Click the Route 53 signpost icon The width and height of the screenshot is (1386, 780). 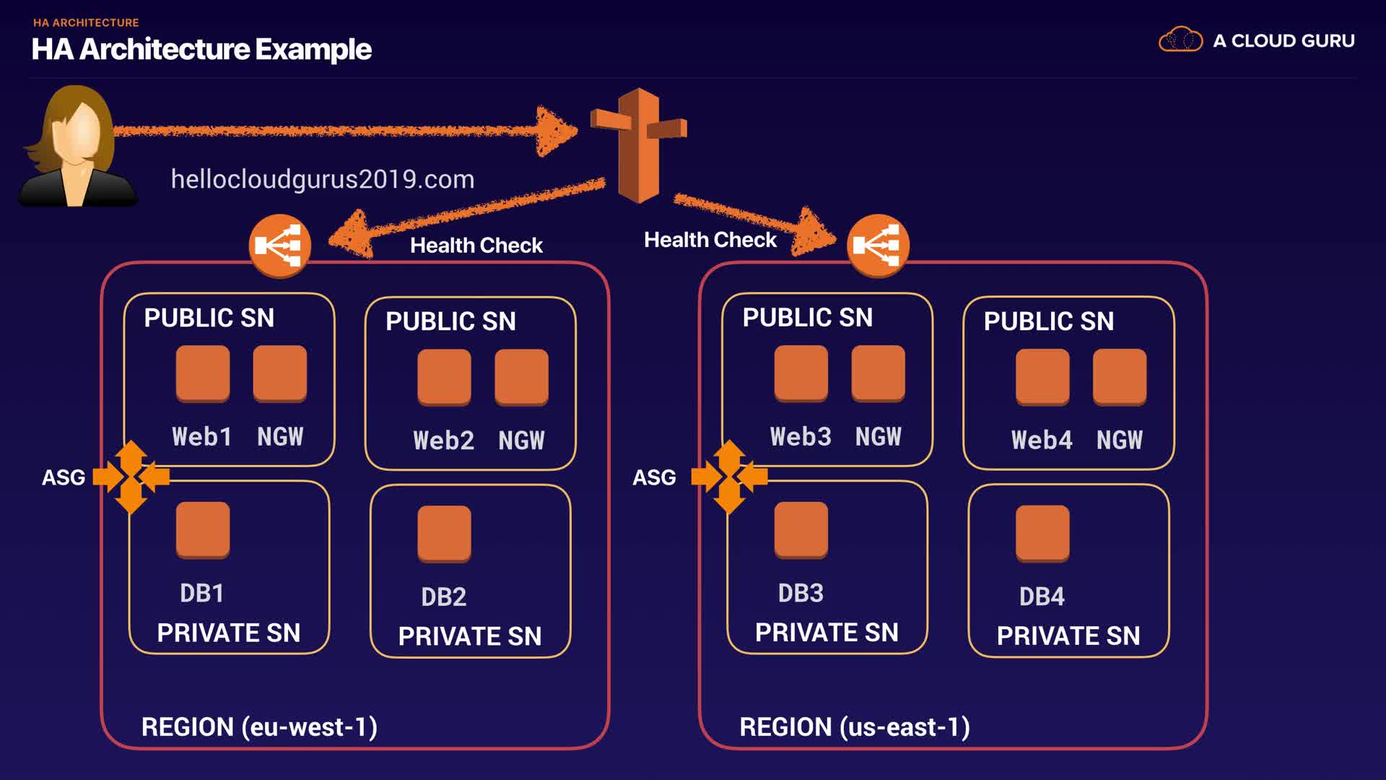click(x=639, y=144)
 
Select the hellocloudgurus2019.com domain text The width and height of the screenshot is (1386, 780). click(x=323, y=179)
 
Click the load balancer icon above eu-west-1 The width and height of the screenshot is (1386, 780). click(x=280, y=246)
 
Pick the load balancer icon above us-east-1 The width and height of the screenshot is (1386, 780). click(x=878, y=246)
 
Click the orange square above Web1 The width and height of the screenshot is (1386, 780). click(x=203, y=373)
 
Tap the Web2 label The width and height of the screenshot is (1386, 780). click(x=443, y=440)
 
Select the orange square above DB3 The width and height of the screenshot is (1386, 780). click(x=801, y=529)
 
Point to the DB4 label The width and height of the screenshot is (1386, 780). click(x=1042, y=597)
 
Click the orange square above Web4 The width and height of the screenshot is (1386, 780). click(x=1042, y=376)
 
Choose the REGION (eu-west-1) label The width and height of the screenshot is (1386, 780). click(x=259, y=727)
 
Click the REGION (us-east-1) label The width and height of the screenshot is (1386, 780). click(x=855, y=727)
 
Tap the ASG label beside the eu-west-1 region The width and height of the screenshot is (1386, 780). click(x=64, y=477)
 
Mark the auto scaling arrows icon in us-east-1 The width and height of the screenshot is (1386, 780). click(x=729, y=477)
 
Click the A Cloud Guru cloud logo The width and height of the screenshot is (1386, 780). click(x=1180, y=40)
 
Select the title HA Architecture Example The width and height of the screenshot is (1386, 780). click(x=201, y=49)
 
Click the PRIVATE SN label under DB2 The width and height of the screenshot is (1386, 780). click(x=470, y=636)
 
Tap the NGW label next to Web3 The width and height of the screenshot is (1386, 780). click(x=878, y=436)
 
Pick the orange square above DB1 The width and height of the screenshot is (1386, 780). click(x=203, y=529)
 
